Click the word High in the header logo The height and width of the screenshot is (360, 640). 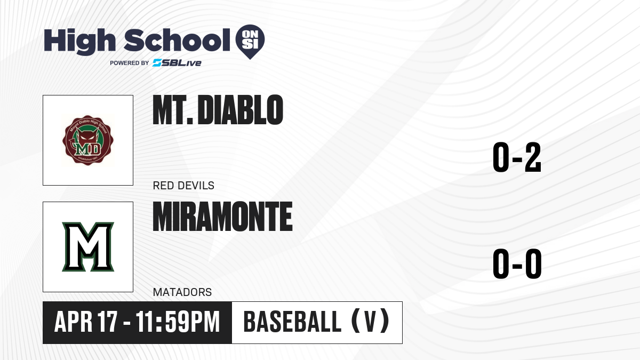pyautogui.click(x=79, y=41)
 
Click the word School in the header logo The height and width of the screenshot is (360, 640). pyautogui.click(x=177, y=40)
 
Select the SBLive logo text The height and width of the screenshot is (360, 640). pyautogui.click(x=177, y=63)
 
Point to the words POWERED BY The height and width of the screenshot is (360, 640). pyautogui.click(x=130, y=63)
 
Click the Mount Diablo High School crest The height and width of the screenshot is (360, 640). pyautogui.click(x=88, y=140)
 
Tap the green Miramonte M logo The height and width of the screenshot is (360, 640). pyautogui.click(x=88, y=247)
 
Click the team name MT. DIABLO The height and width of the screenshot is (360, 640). pyautogui.click(x=218, y=110)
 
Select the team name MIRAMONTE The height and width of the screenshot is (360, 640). pyautogui.click(x=222, y=217)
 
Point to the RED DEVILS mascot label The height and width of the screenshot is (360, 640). pyautogui.click(x=183, y=186)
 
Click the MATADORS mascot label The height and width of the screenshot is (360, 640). pyautogui.click(x=182, y=292)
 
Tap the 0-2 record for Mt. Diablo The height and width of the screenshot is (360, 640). pyautogui.click(x=517, y=157)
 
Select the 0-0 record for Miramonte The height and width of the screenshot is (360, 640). pyautogui.click(x=517, y=264)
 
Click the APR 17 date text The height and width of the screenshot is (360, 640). pyautogui.click(x=86, y=322)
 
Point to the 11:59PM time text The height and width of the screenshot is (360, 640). pyautogui.click(x=178, y=322)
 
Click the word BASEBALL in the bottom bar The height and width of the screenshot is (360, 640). pyautogui.click(x=293, y=322)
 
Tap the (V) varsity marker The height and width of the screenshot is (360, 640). pyautogui.click(x=370, y=321)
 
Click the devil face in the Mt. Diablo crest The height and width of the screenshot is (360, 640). pyautogui.click(x=87, y=137)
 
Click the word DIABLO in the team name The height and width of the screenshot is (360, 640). pyautogui.click(x=241, y=110)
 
